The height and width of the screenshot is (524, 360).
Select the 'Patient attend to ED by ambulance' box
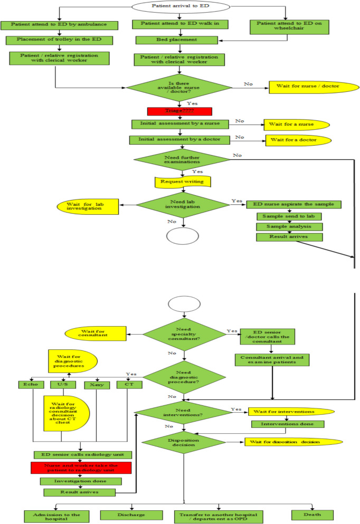click(x=54, y=25)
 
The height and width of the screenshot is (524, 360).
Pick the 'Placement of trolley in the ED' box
click(x=54, y=40)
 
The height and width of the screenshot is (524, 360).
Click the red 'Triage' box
click(x=179, y=111)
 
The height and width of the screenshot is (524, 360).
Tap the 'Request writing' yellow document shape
click(x=182, y=182)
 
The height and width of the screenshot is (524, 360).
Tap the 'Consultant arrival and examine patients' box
click(x=271, y=360)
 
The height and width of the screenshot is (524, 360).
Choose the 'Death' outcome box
click(x=312, y=515)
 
